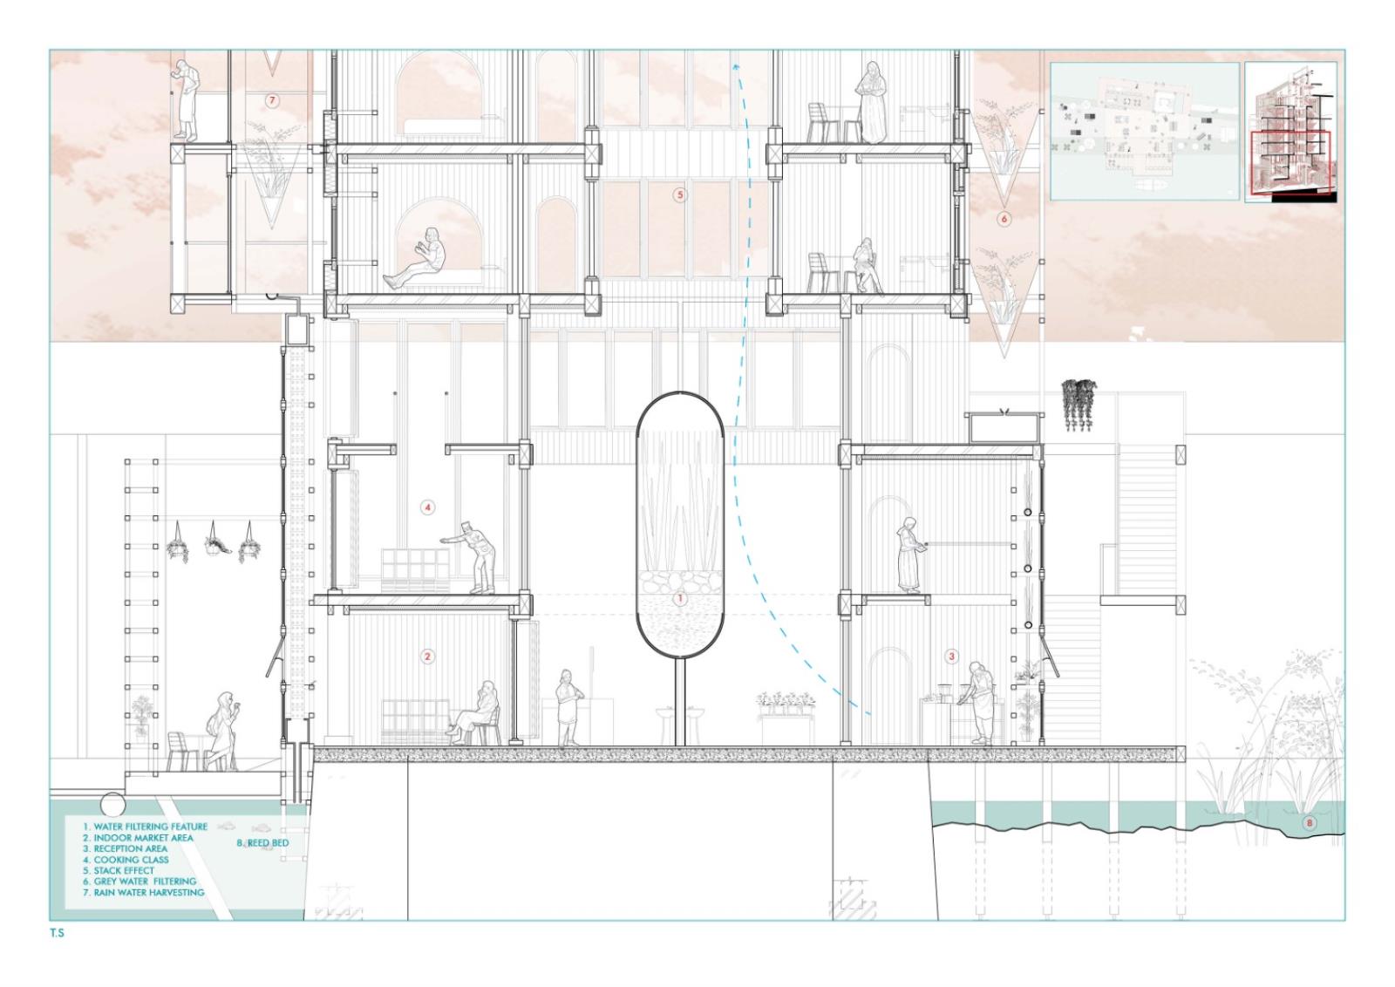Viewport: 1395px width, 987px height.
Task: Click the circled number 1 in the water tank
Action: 680,599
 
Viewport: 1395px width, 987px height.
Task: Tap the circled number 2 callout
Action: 427,657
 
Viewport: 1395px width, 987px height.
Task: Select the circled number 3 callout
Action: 951,656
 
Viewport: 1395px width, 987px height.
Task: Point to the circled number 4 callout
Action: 428,507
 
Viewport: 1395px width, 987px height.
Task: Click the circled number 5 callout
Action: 679,195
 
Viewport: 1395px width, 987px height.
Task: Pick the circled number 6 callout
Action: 1004,219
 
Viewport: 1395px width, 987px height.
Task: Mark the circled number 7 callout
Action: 271,100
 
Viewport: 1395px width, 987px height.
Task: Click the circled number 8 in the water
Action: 1309,822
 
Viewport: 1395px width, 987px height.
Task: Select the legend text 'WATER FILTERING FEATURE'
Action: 151,827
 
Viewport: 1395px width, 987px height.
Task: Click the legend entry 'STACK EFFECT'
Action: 124,870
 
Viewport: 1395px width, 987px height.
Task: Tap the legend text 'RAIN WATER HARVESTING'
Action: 149,892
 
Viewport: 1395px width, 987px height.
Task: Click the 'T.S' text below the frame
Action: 58,934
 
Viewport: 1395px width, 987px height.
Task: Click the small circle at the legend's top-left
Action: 112,805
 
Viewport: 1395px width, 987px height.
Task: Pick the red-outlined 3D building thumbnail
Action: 1291,132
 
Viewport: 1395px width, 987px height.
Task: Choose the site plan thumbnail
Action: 1145,131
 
